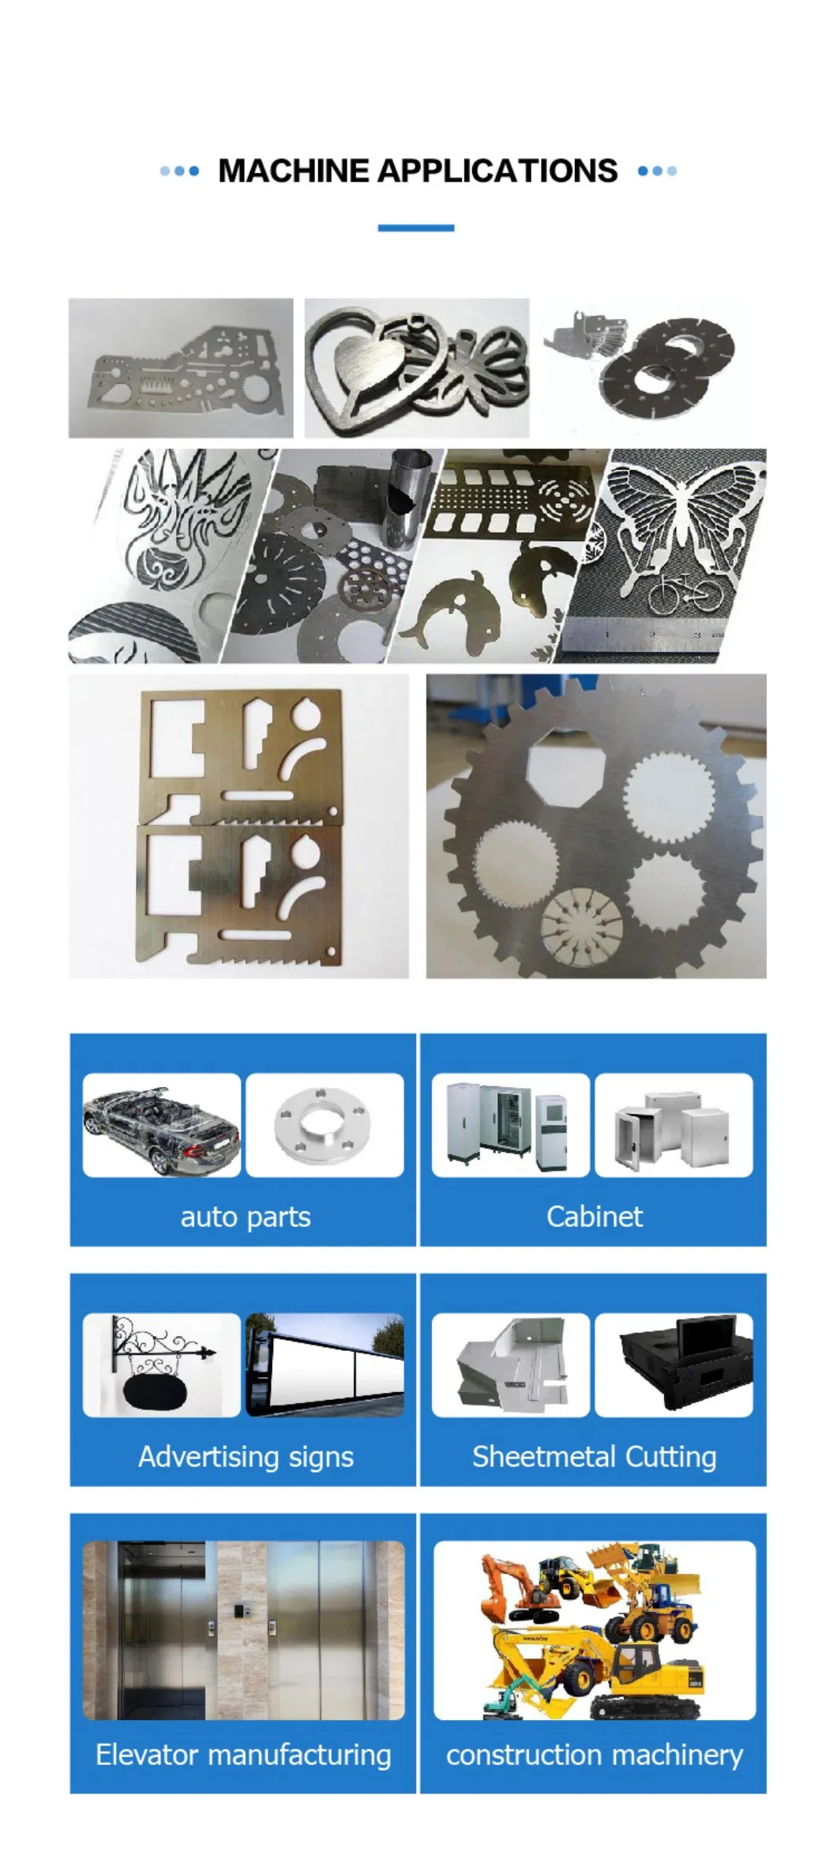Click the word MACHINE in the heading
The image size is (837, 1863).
tap(293, 171)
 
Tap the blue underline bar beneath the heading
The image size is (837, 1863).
tap(415, 228)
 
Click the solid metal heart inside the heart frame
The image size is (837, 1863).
tap(367, 365)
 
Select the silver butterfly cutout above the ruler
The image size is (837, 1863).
tap(684, 521)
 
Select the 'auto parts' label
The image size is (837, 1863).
tap(245, 1218)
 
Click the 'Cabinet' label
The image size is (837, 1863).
tap(594, 1217)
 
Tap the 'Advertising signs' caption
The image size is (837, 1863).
tap(246, 1457)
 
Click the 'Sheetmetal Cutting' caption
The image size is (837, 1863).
tap(594, 1457)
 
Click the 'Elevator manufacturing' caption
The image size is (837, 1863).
tap(243, 1756)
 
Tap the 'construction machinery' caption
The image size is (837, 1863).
tap(594, 1756)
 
